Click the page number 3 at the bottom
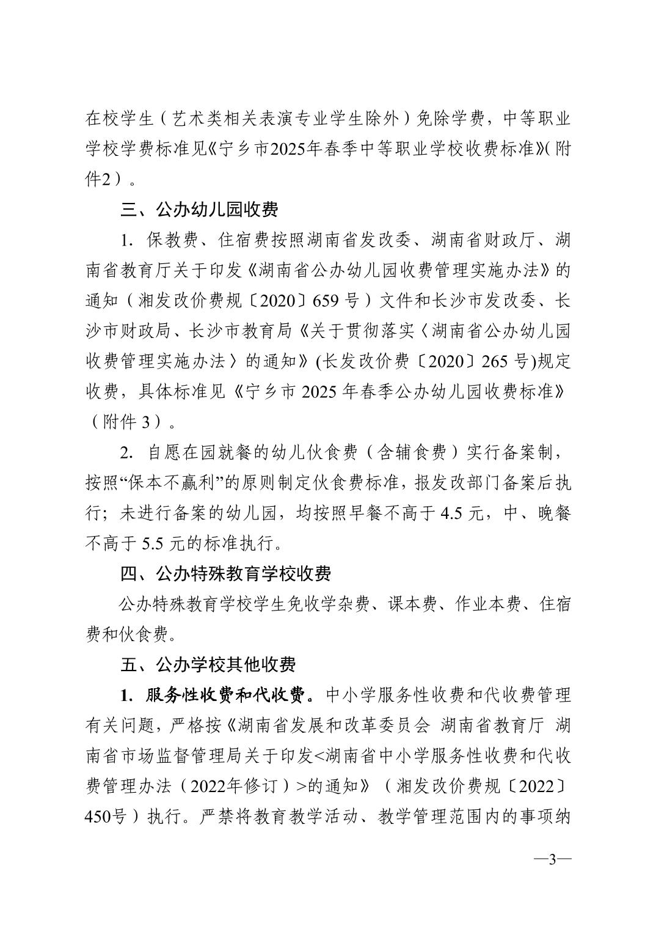[x=552, y=859]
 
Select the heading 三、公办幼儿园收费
[x=200, y=210]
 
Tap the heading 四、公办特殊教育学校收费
[x=225, y=573]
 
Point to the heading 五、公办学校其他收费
[x=208, y=664]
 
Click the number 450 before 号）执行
[x=98, y=816]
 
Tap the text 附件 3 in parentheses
[x=133, y=422]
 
